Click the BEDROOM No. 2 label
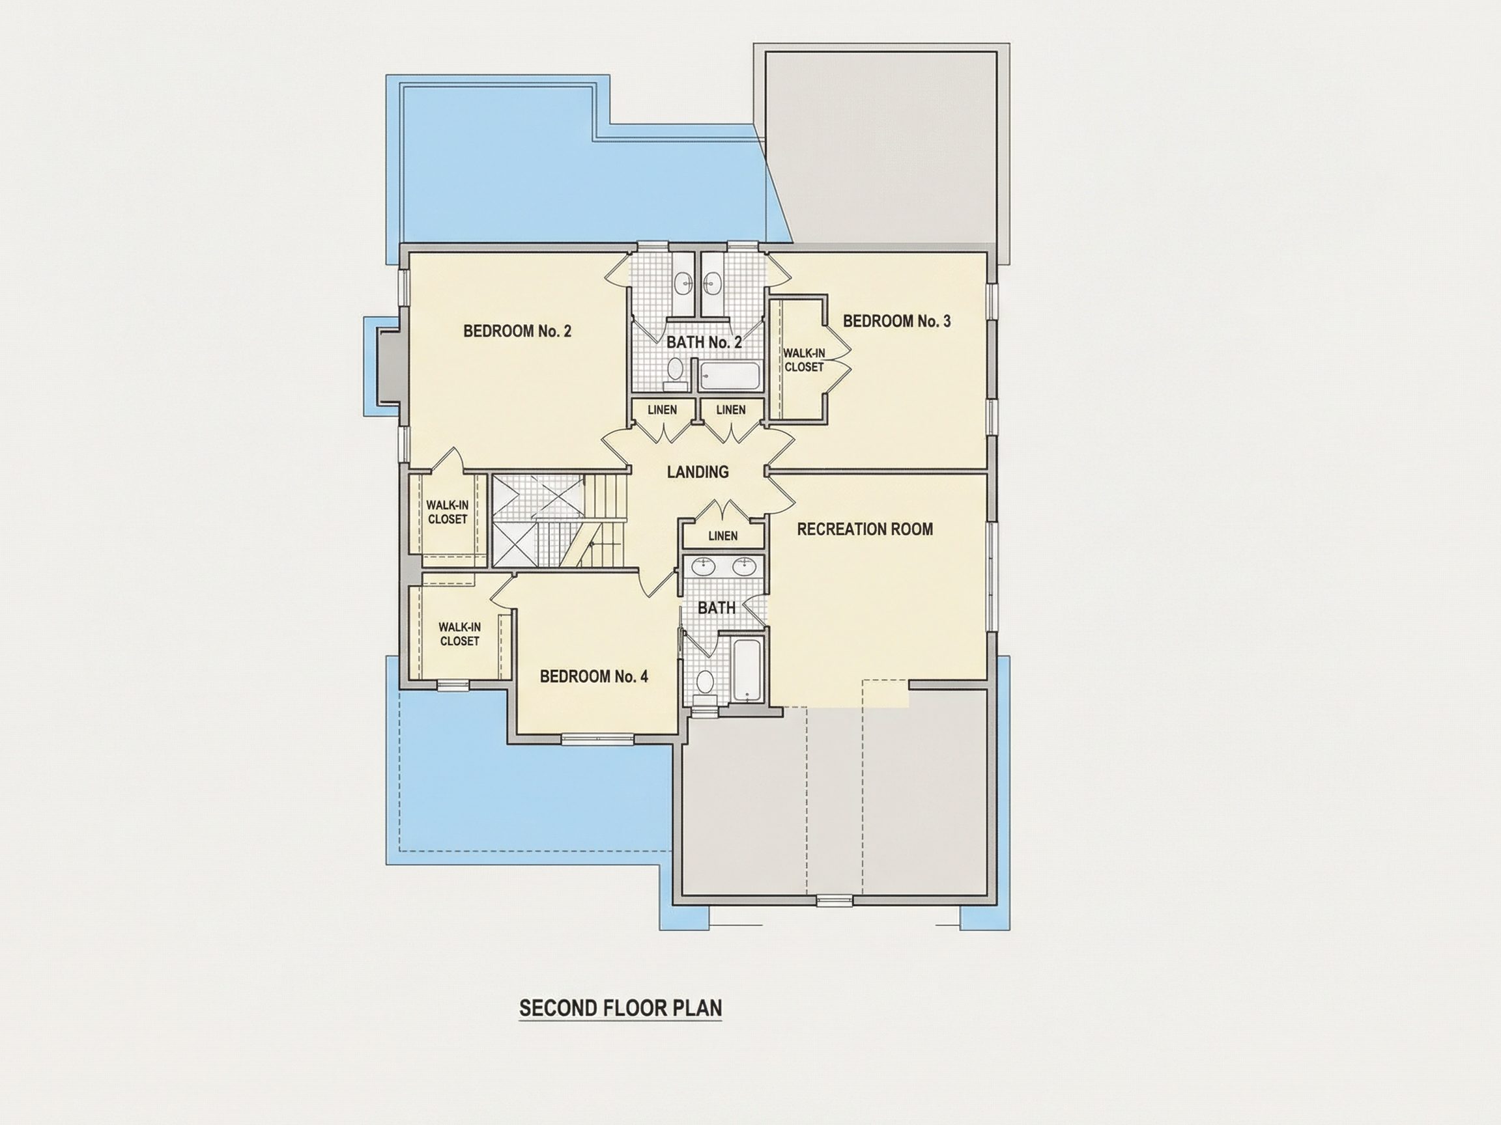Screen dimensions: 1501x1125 517,331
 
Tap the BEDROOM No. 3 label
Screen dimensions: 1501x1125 896,321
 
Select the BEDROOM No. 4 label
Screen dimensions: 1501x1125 593,676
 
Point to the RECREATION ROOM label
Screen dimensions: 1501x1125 865,529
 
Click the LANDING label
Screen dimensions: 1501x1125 698,472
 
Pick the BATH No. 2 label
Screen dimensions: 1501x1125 704,342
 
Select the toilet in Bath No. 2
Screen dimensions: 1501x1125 675,372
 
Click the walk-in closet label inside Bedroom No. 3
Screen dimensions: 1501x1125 804,360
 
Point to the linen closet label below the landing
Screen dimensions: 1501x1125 722,536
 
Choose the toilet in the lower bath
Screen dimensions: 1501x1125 706,684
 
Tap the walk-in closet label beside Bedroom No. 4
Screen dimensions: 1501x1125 459,634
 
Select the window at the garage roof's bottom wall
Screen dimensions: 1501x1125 834,900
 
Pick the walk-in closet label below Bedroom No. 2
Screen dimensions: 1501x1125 447,512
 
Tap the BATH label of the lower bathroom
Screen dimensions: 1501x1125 717,607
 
